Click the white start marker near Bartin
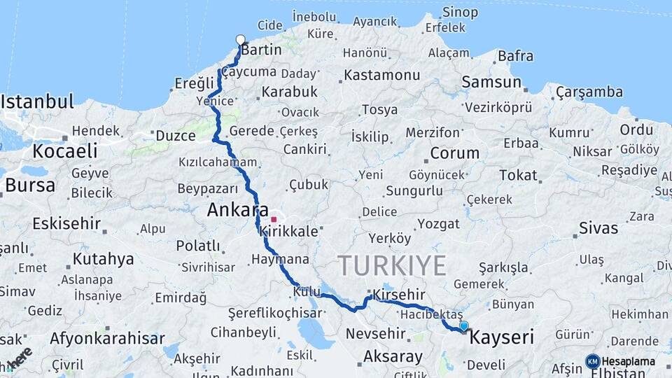tap(241, 40)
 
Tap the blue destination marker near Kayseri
tap(463, 325)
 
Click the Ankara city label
tap(237, 209)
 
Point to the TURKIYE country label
tap(392, 266)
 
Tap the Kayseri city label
tap(501, 338)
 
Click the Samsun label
tap(491, 83)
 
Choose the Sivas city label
tap(599, 228)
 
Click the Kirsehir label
tap(400, 294)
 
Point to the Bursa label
tap(30, 186)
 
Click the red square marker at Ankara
tap(273, 220)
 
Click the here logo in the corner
tap(19, 358)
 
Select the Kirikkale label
tap(288, 231)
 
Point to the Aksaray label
tap(393, 357)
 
